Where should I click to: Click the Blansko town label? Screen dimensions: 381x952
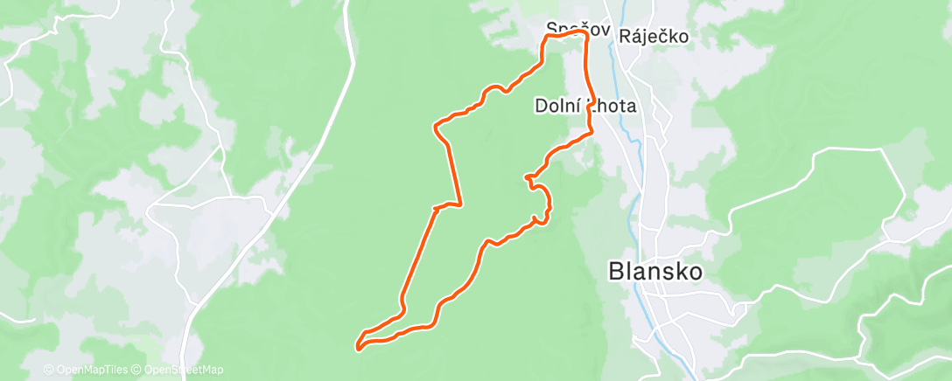(655, 272)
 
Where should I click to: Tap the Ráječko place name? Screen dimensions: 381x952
(654, 37)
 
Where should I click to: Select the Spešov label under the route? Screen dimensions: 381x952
(565, 28)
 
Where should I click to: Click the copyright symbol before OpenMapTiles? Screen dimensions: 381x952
(48, 370)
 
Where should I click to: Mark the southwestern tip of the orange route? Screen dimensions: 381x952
(359, 349)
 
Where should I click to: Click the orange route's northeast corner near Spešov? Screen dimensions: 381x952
(583, 34)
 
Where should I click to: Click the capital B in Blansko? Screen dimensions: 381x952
(616, 272)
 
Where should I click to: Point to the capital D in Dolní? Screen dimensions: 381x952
(540, 107)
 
